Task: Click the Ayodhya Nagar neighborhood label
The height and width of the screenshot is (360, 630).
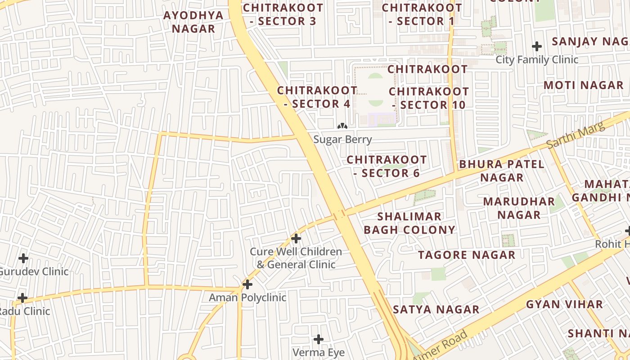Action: (x=193, y=22)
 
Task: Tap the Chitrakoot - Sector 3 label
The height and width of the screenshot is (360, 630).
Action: (x=283, y=14)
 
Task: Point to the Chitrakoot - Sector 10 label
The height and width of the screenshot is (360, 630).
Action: (x=428, y=98)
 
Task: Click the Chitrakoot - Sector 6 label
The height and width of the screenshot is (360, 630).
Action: (x=387, y=166)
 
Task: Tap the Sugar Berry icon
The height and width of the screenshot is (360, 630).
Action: (x=342, y=126)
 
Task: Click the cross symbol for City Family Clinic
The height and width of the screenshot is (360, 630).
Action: (x=536, y=46)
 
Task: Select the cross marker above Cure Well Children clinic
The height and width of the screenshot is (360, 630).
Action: (x=296, y=238)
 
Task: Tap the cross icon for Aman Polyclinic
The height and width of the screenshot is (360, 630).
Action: (x=247, y=284)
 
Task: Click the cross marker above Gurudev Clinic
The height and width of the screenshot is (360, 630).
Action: (x=23, y=258)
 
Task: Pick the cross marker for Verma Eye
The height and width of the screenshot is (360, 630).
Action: (x=319, y=339)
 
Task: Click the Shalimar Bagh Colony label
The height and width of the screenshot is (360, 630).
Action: (x=409, y=223)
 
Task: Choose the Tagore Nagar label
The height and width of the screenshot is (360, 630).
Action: (x=467, y=255)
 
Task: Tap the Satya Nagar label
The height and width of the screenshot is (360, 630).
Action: (x=436, y=310)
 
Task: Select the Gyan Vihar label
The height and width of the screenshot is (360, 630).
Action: (x=564, y=304)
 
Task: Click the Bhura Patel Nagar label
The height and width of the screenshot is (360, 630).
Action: (x=501, y=171)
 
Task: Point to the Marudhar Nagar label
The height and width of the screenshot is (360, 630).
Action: (x=519, y=208)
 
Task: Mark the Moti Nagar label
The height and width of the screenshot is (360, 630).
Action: (x=583, y=85)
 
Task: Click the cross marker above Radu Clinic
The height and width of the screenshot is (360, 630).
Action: (x=22, y=298)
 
